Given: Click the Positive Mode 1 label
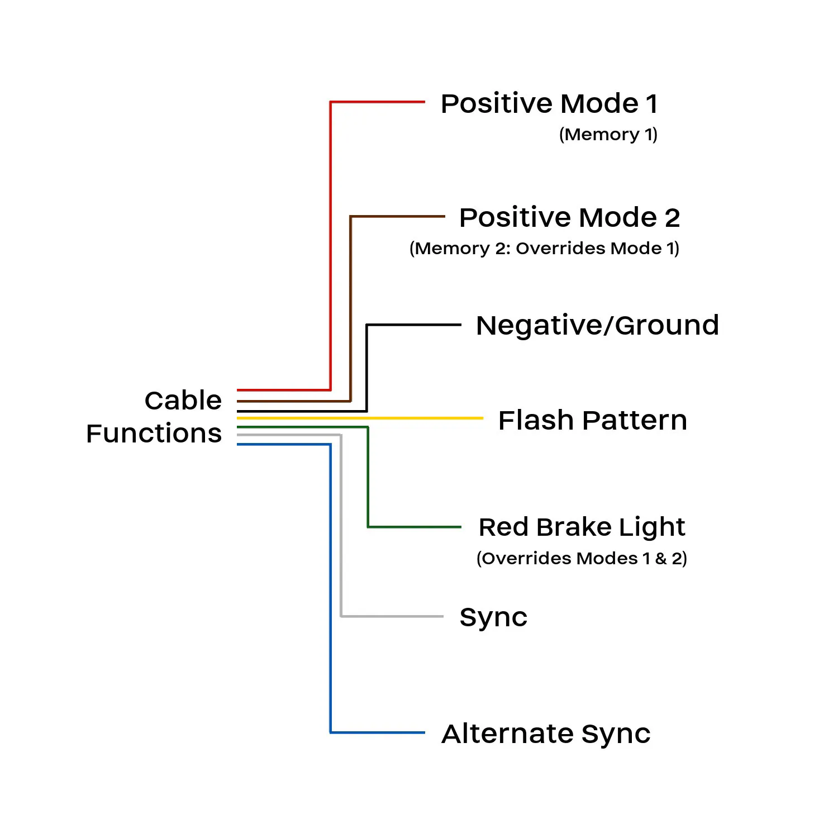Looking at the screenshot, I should coord(549,104).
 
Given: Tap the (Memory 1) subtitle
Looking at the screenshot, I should coord(608,135).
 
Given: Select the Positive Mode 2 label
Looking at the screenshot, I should coord(569,217).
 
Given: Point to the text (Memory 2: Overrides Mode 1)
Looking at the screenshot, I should coord(544,249).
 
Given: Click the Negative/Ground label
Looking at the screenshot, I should coord(597,325).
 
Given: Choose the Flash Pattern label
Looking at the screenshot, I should coord(592,420).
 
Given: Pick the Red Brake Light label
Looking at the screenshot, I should coord(582,527).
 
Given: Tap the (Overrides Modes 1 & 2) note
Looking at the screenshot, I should coord(582,559).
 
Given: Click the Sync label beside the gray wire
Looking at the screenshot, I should coord(493,618).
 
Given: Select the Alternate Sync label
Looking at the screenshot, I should coord(546,734).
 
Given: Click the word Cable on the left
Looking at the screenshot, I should coord(183,401).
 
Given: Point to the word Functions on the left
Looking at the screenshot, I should coord(154,434).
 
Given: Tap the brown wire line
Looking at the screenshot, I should coord(351,307).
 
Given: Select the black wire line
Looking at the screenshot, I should coord(367,363).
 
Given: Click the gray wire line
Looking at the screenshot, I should coord(341,531).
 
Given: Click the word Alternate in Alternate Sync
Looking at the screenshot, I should coord(508,734).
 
